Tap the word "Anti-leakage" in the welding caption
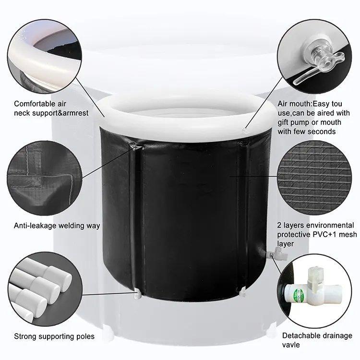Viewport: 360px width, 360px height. [x=35, y=226]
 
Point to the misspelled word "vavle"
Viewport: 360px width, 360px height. [x=291, y=345]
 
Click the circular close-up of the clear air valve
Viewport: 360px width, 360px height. [x=314, y=57]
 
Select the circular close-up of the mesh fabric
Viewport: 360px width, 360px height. [x=314, y=178]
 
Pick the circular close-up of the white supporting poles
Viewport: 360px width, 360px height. [x=45, y=289]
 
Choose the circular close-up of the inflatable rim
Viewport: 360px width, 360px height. [x=45, y=57]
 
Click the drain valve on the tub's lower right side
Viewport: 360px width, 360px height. [x=276, y=255]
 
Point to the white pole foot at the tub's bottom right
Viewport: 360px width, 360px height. [x=243, y=293]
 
